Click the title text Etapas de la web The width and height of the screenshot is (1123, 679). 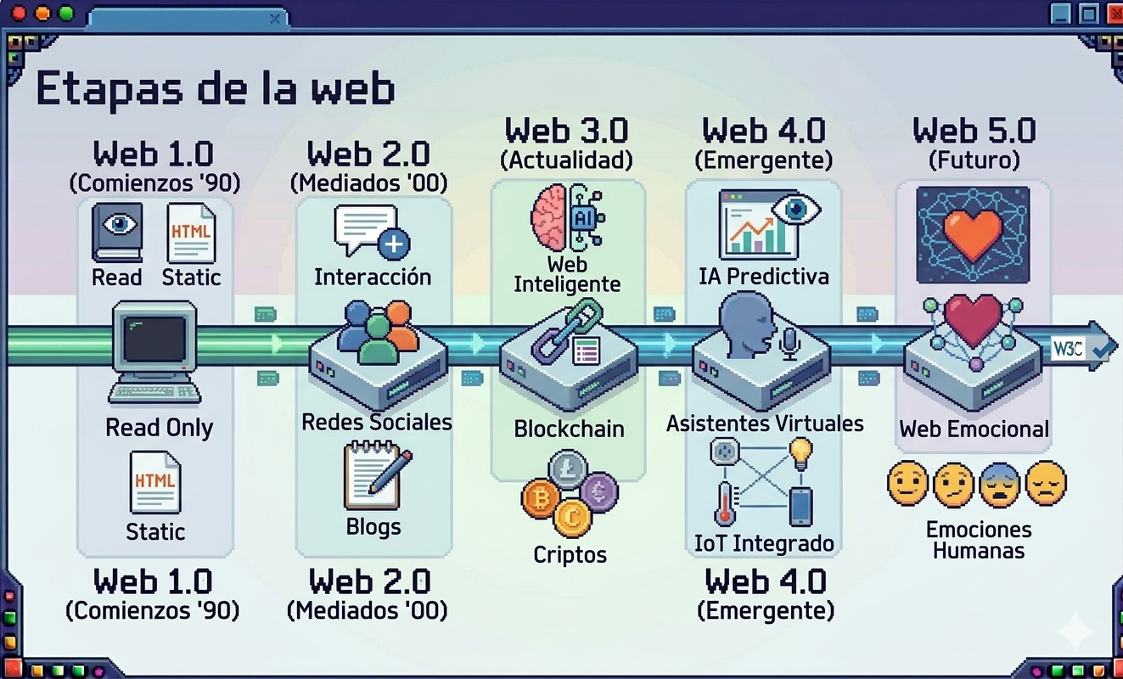[215, 89]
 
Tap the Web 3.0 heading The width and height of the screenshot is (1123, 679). [566, 132]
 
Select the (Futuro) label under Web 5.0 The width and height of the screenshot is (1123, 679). [974, 160]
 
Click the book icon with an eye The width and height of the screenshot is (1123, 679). [117, 231]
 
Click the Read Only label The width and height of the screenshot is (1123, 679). [159, 428]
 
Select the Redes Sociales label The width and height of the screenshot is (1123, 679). [377, 422]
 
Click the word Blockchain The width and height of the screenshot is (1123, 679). [569, 429]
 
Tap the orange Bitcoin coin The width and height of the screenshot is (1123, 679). [538, 498]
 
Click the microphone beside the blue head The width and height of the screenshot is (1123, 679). [790, 344]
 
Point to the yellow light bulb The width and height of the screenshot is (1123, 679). [800, 452]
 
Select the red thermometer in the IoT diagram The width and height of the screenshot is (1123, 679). [724, 503]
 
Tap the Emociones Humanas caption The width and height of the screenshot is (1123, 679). [979, 541]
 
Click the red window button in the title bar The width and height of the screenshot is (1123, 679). [16, 14]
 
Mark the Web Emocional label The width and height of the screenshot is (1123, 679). [974, 429]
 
